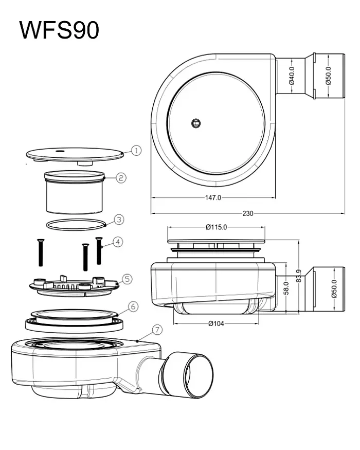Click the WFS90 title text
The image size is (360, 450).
60,30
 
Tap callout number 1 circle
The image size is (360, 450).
136,150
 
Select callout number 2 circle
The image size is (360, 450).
121,178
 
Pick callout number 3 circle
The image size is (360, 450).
119,220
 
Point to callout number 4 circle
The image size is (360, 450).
118,242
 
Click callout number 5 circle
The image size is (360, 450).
127,279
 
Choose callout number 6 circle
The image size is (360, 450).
133,307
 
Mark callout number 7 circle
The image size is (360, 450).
157,330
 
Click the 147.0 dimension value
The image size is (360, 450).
213,197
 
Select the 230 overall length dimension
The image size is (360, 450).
248,213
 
